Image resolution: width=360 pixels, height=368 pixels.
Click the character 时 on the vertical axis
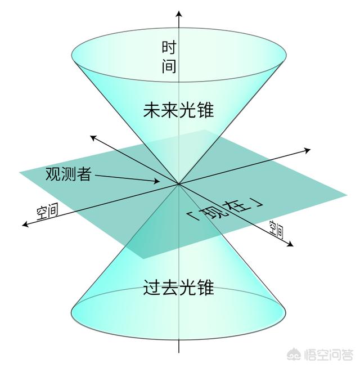tap(169, 47)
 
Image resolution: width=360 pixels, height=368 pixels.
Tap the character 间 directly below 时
tap(169, 65)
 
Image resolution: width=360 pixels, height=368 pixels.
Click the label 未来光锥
tap(178, 110)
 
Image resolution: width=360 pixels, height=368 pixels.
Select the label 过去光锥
tap(178, 288)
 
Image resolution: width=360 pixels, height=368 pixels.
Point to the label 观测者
tap(68, 174)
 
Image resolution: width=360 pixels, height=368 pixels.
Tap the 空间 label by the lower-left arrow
tap(47, 212)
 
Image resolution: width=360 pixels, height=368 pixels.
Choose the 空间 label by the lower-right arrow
tap(276, 229)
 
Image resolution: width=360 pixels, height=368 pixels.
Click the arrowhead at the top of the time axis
tap(179, 14)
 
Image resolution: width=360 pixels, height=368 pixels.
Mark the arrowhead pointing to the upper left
tap(93, 138)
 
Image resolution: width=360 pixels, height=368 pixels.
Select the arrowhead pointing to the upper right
tap(307, 150)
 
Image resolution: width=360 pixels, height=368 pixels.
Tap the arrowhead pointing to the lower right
tap(291, 244)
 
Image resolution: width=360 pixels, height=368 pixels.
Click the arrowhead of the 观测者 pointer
tap(156, 181)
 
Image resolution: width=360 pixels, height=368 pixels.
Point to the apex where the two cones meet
tap(179, 184)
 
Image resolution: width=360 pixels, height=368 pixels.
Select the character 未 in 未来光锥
tap(152, 110)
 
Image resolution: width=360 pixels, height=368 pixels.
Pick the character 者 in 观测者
tap(84, 174)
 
